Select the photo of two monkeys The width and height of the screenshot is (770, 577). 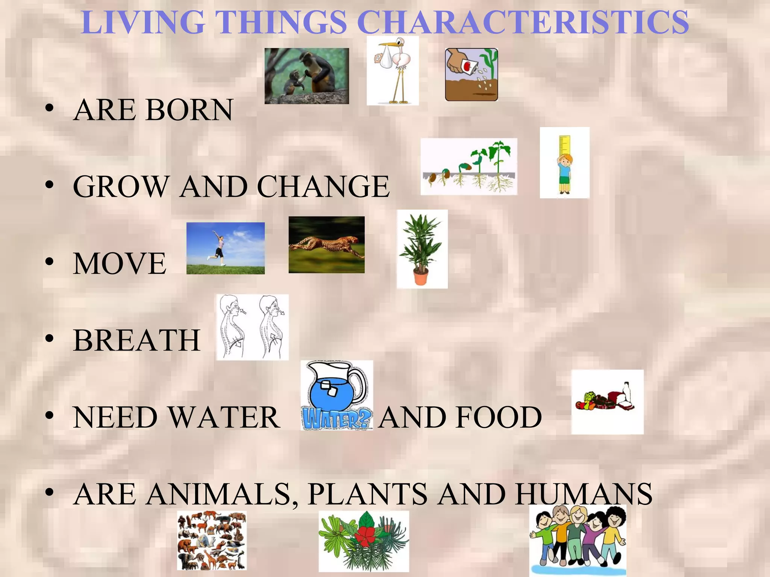306,76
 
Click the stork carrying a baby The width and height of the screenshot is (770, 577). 393,71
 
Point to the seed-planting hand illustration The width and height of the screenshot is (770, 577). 471,74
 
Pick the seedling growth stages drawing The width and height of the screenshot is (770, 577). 468,166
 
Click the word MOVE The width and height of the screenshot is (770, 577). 120,263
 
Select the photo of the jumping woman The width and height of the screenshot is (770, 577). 225,248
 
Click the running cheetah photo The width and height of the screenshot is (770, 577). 326,245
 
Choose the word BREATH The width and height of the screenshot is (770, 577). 136,340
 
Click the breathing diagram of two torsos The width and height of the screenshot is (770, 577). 252,327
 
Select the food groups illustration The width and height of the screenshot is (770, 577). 607,402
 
